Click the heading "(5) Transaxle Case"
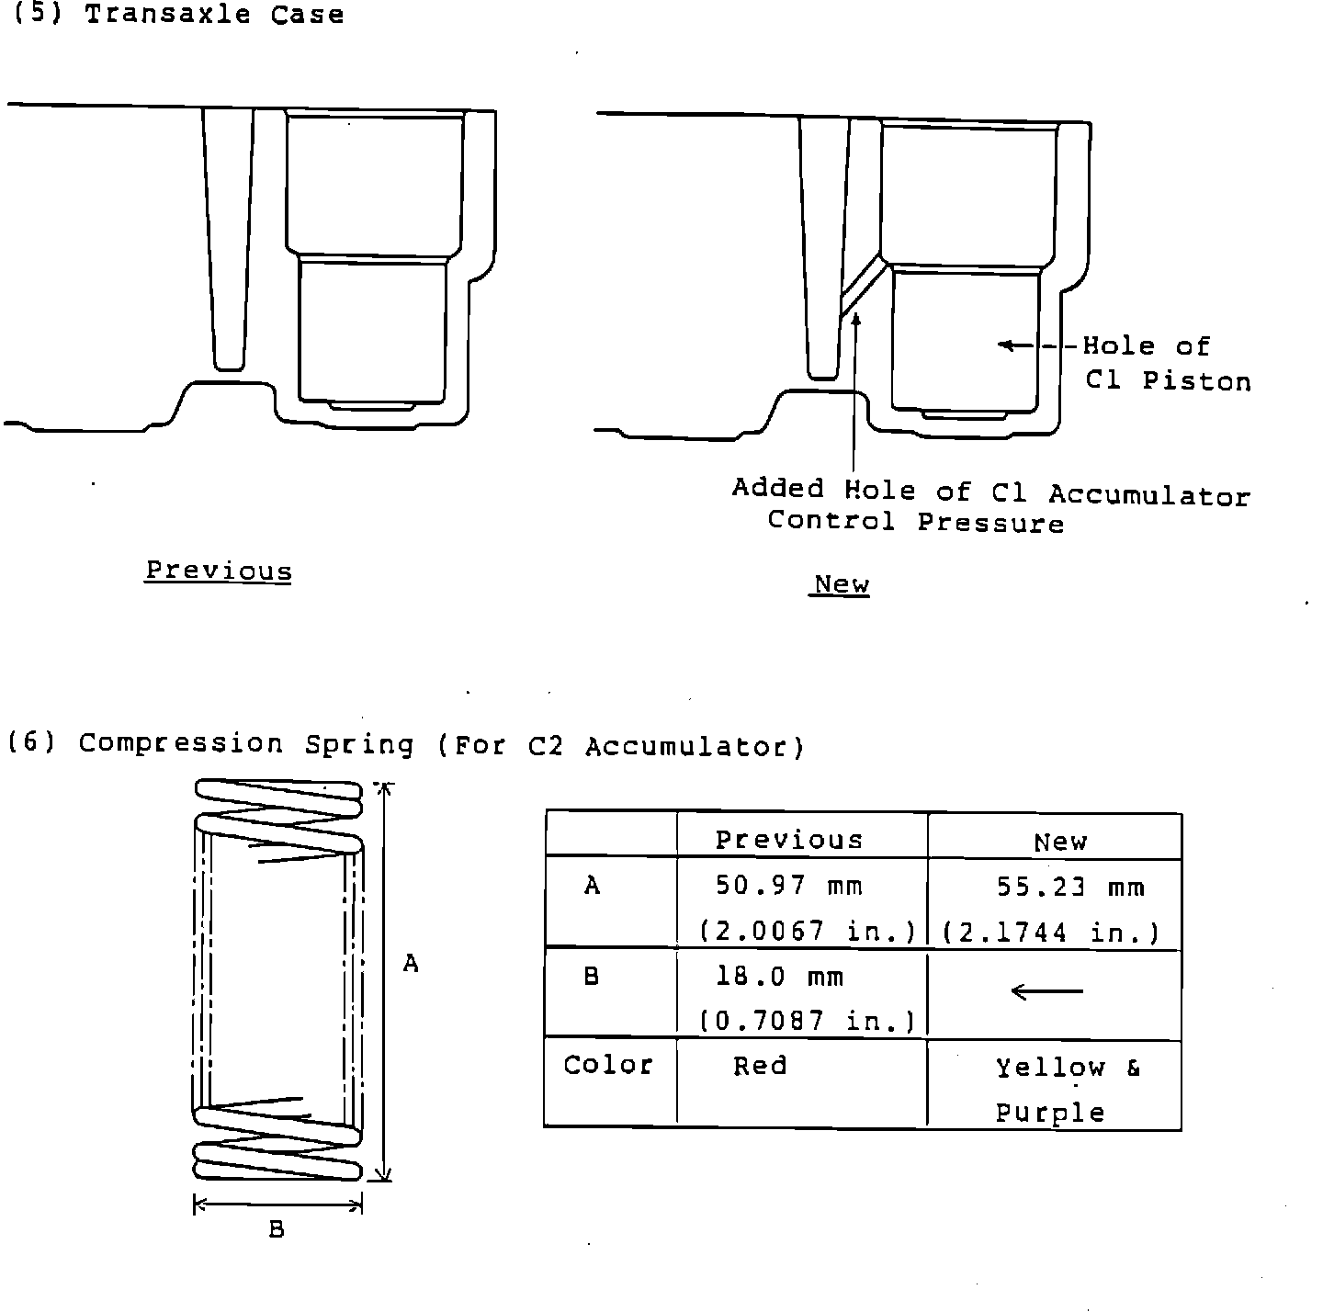[x=176, y=15]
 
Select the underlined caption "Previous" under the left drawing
[x=219, y=571]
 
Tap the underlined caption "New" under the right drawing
[x=841, y=584]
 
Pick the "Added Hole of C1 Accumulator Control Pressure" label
[x=990, y=506]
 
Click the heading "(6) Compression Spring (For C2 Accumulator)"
[x=405, y=744]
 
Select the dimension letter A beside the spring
[x=411, y=964]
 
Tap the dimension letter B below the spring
[x=277, y=1229]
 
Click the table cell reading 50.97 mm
[x=789, y=886]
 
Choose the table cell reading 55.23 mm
[x=1070, y=888]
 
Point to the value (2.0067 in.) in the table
[x=807, y=932]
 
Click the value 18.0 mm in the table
[x=780, y=977]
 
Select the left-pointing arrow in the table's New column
[x=1046, y=991]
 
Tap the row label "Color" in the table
[x=608, y=1065]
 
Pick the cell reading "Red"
[x=760, y=1066]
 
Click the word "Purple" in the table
[x=1050, y=1114]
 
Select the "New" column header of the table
[x=1059, y=842]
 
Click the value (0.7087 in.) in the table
[x=807, y=1021]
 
